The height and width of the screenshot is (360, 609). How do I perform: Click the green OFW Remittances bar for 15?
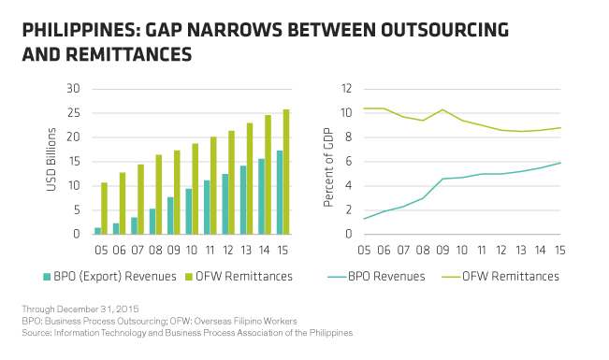pyautogui.click(x=286, y=172)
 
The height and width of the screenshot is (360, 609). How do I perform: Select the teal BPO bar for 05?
pyautogui.click(x=97, y=231)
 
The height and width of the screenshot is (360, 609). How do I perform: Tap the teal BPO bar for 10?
pyautogui.click(x=188, y=211)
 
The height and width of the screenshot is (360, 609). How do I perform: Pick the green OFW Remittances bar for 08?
pyautogui.click(x=159, y=194)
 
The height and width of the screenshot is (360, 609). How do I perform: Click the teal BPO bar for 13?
pyautogui.click(x=243, y=200)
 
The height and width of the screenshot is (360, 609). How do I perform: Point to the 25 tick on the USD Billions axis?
pyautogui.click(x=73, y=113)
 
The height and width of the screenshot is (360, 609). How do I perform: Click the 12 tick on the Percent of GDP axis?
pyautogui.click(x=346, y=89)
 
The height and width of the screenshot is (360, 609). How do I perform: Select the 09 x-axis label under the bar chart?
pyautogui.click(x=174, y=250)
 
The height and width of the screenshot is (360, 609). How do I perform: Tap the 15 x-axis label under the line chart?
pyautogui.click(x=559, y=250)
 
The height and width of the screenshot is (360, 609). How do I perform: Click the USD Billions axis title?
pyautogui.click(x=51, y=160)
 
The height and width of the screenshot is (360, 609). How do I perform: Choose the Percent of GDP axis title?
pyautogui.click(x=328, y=167)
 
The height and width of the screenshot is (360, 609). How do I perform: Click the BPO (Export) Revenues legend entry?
pyautogui.click(x=109, y=277)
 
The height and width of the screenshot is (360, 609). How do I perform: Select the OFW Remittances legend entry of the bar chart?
pyautogui.click(x=239, y=277)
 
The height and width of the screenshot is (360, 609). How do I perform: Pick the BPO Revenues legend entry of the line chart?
pyautogui.click(x=376, y=277)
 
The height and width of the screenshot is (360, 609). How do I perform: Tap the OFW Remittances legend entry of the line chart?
pyautogui.click(x=500, y=277)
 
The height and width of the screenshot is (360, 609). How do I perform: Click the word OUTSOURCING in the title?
pyautogui.click(x=444, y=30)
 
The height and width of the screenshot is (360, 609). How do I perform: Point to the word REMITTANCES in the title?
pyautogui.click(x=128, y=54)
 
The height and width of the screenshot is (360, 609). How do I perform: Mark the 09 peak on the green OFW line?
pyautogui.click(x=442, y=109)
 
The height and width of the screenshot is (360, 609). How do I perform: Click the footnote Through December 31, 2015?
pyautogui.click(x=80, y=310)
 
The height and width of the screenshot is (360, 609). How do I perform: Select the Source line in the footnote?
pyautogui.click(x=187, y=333)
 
